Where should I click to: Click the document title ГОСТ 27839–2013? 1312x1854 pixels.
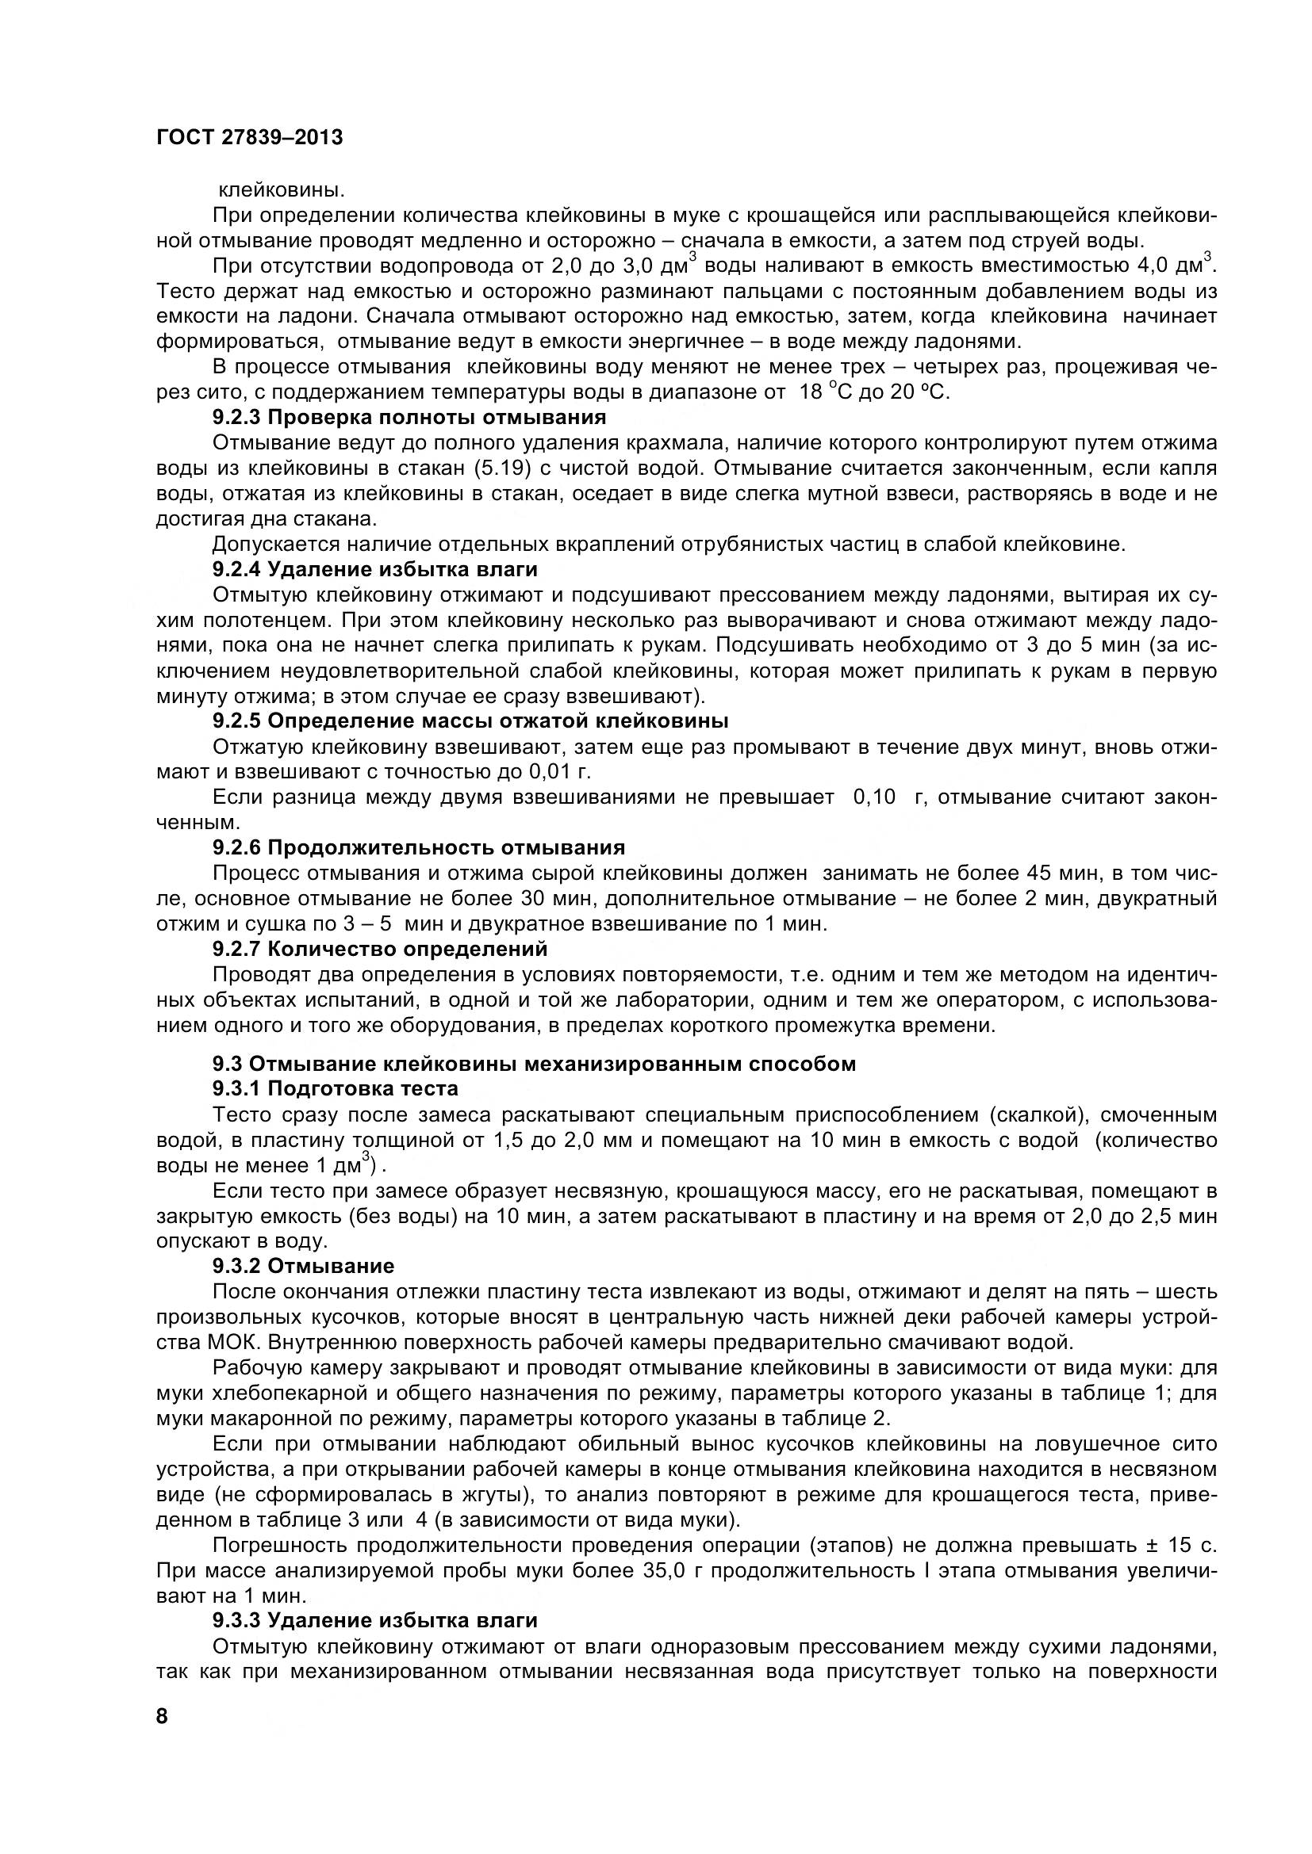[x=249, y=137]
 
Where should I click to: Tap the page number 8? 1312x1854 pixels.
[x=162, y=1716]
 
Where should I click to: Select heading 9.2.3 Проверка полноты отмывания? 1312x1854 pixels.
[x=409, y=418]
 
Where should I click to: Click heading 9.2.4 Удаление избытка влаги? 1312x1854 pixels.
[x=375, y=569]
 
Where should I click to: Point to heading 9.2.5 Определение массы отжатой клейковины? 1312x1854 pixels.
[x=470, y=721]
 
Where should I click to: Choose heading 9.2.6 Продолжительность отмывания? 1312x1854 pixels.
[x=419, y=847]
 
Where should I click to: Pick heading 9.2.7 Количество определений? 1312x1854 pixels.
[x=380, y=948]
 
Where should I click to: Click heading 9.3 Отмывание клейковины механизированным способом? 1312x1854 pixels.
[x=534, y=1064]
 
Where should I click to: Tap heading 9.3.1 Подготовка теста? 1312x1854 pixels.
[x=336, y=1088]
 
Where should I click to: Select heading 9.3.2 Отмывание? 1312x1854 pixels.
[x=303, y=1265]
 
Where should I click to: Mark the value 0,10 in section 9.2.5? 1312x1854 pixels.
[x=875, y=797]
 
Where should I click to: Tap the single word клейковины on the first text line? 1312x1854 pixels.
[x=282, y=190]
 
